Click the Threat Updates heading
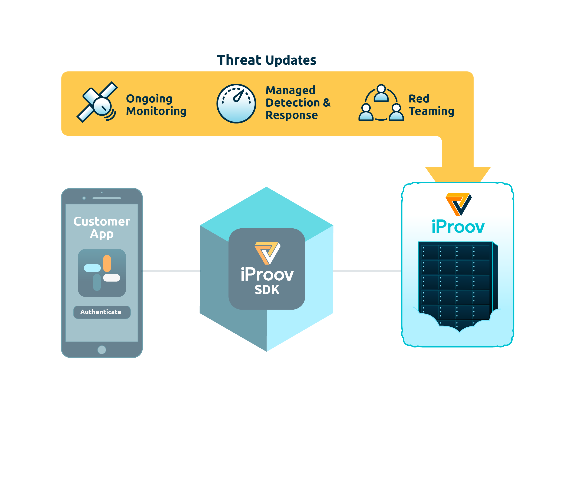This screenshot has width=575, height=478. point(266,60)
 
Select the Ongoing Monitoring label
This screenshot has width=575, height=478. point(156,105)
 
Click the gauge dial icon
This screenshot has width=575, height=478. point(236,104)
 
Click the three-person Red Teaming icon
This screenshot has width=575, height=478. point(381,104)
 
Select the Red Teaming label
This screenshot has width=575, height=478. point(431,105)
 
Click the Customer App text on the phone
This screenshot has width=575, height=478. point(102,227)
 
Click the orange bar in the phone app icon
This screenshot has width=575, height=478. point(107,263)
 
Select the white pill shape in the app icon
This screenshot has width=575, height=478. point(112,278)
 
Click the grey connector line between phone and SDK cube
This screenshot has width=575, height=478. point(171,271)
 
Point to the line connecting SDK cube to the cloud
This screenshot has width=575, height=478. point(367,271)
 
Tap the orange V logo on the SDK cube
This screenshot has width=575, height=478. point(267,252)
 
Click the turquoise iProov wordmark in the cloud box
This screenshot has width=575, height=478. point(458,227)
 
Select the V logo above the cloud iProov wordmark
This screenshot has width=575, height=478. point(458,204)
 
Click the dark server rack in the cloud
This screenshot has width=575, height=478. point(456,282)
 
